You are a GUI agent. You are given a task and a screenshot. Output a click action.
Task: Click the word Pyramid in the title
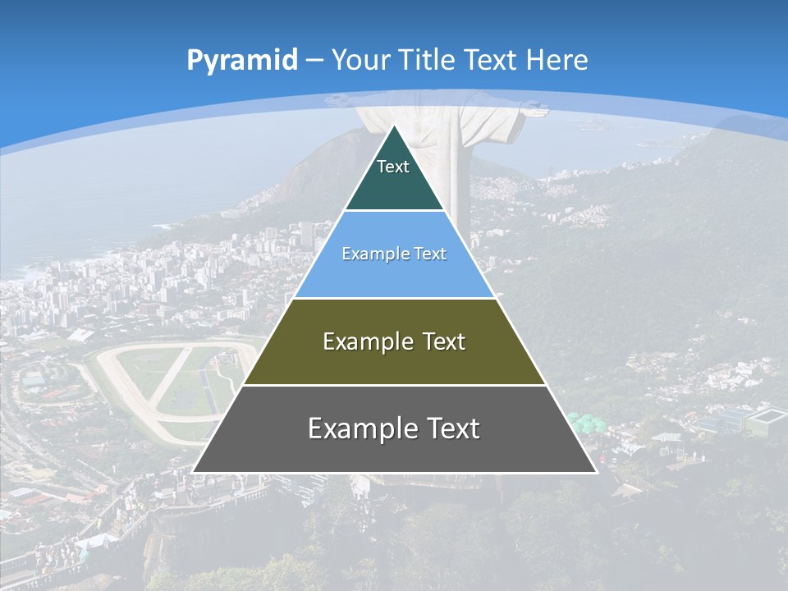tap(242, 60)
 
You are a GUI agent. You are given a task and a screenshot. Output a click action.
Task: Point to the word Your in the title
tap(360, 60)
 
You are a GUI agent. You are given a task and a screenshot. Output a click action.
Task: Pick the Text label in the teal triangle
tap(393, 167)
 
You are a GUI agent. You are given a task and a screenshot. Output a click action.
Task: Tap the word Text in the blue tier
tap(428, 254)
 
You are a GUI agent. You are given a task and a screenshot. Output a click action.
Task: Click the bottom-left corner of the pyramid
tap(194, 471)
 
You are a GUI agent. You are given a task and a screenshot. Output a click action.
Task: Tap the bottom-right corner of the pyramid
tap(596, 471)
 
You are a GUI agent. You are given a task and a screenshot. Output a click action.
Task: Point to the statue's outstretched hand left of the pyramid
tap(337, 101)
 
